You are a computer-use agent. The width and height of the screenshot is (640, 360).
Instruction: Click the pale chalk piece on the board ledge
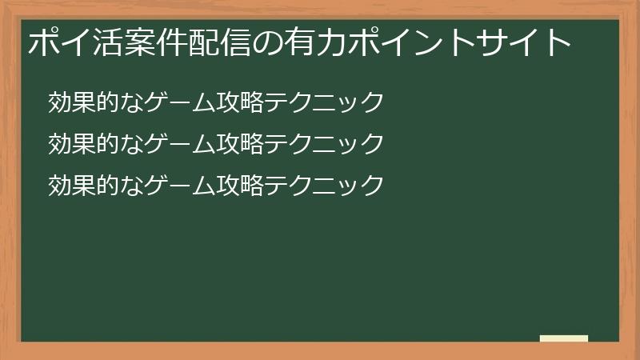[x=564, y=338]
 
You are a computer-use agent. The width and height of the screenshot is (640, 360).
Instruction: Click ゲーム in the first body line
[x=164, y=102]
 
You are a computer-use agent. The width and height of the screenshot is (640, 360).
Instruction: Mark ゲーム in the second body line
[x=164, y=144]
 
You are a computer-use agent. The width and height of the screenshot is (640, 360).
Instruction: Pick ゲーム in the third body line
[x=164, y=186]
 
